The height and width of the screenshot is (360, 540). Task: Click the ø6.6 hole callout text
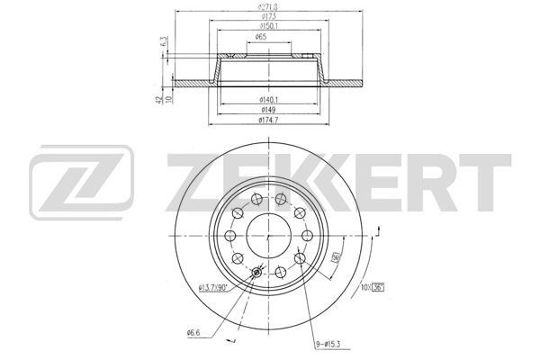(193, 333)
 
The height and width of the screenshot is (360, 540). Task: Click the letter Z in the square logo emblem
(82, 180)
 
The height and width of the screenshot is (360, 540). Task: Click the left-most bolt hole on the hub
(230, 236)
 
